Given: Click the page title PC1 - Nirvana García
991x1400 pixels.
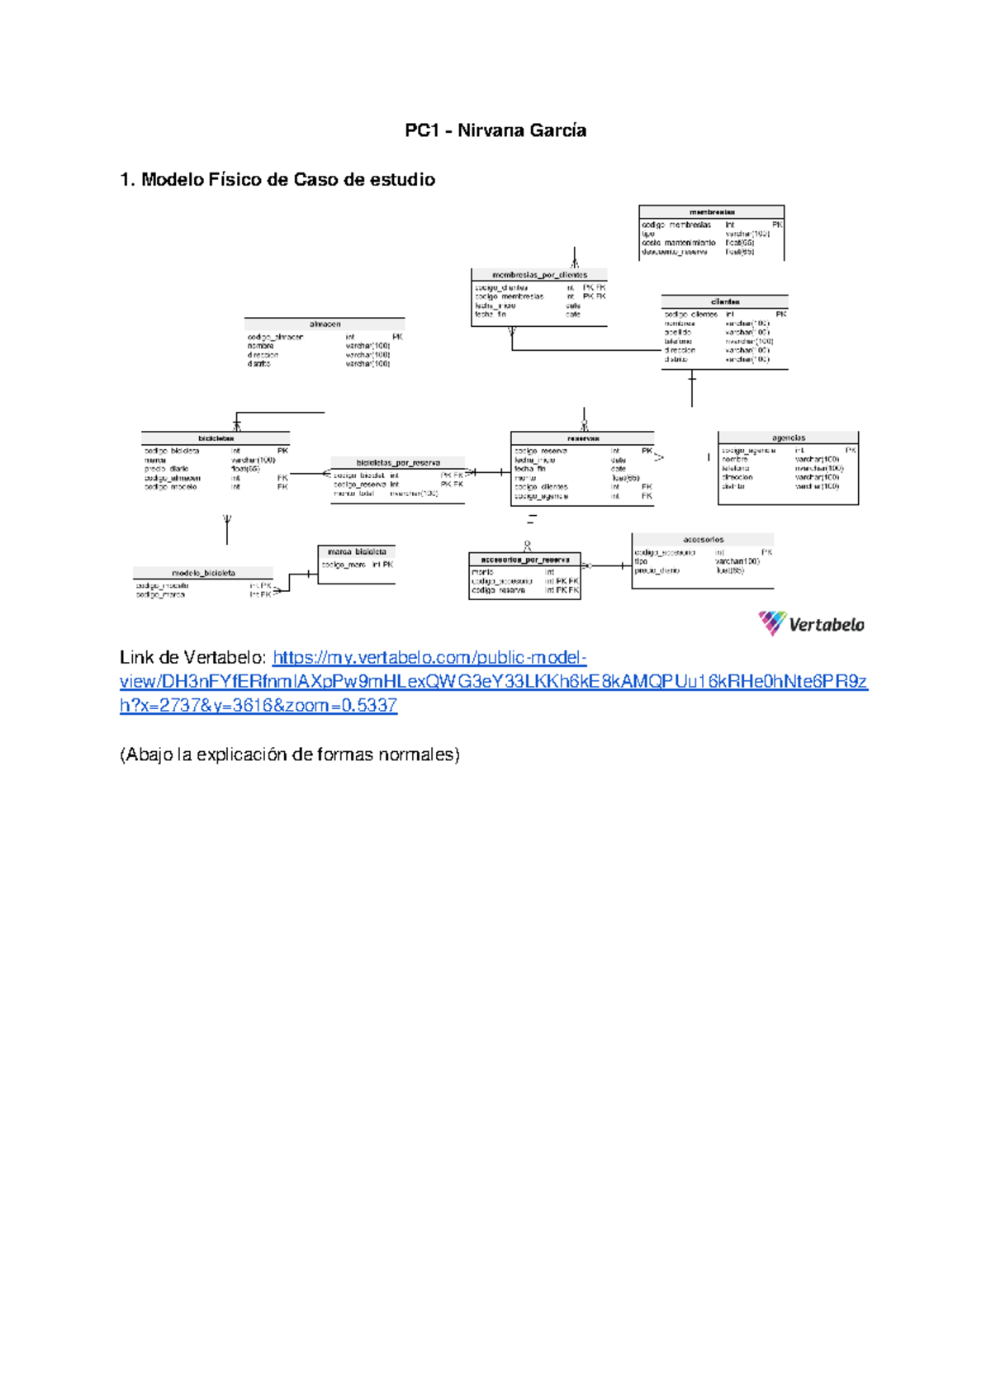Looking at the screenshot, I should pos(495,130).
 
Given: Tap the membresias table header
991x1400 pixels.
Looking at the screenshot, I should pos(712,212).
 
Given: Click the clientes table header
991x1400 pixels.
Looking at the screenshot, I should pos(725,302).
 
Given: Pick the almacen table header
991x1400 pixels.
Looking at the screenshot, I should pos(325,324).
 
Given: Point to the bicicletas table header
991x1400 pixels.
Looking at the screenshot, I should pos(216,438).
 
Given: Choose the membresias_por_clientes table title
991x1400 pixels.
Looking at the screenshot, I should pos(539,275).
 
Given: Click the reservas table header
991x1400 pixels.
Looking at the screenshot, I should pos(583,438).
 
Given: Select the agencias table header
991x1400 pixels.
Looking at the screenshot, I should pos(789,437).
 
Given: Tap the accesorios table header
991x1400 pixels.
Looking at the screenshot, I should pos(704,540).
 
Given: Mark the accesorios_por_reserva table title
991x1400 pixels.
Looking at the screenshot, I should pos(525,560).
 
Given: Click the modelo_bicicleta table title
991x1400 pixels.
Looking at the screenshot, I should pos(203,573).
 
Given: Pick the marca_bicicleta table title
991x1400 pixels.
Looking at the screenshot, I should pos(357,551).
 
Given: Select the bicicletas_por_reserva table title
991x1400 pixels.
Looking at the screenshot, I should pos(398,463).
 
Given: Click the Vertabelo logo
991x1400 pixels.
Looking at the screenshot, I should pos(812,624).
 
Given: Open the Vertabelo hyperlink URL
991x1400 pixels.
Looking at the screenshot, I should pos(493,682).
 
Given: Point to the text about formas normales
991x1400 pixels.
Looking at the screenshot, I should pos(289,754).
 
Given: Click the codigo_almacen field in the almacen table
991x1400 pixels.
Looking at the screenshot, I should pos(275,337).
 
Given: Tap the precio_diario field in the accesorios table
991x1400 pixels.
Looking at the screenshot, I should pos(657,570).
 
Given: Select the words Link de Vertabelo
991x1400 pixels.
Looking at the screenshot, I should pos(192,658).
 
